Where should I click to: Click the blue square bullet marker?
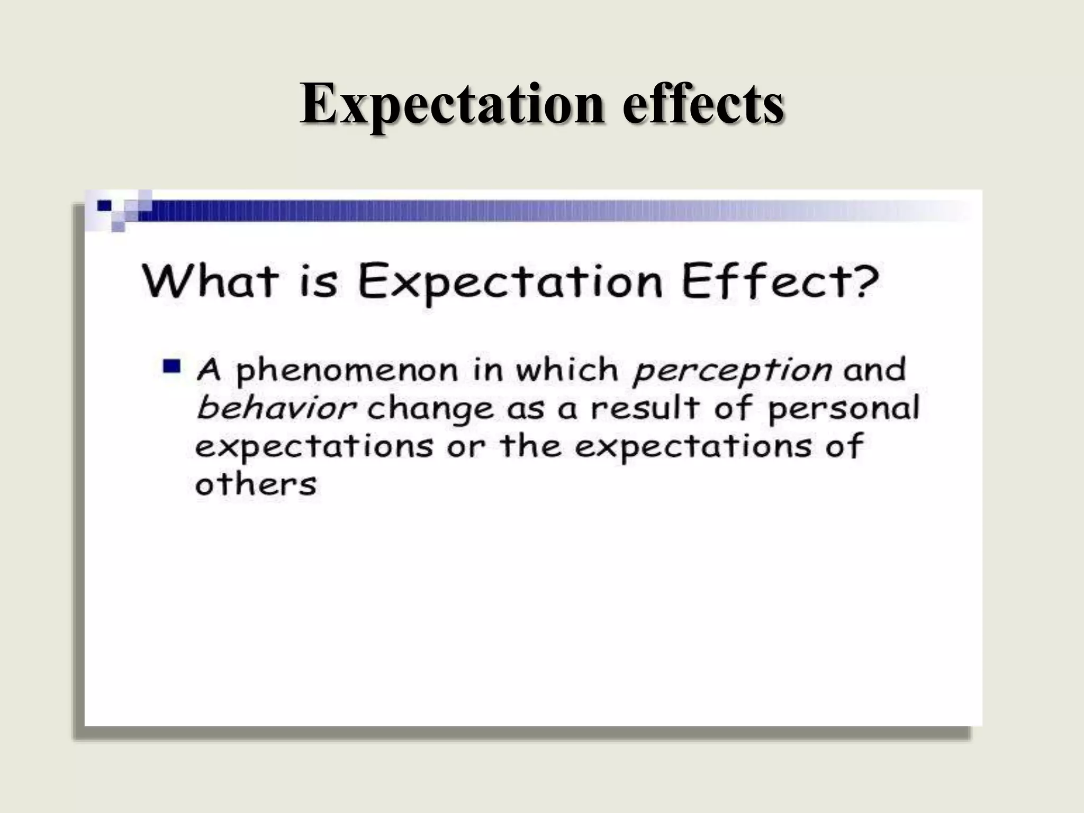[x=172, y=366]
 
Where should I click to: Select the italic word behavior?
[x=275, y=408]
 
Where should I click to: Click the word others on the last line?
[x=256, y=484]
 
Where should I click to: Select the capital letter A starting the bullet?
[x=209, y=369]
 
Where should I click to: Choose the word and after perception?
[x=874, y=369]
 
